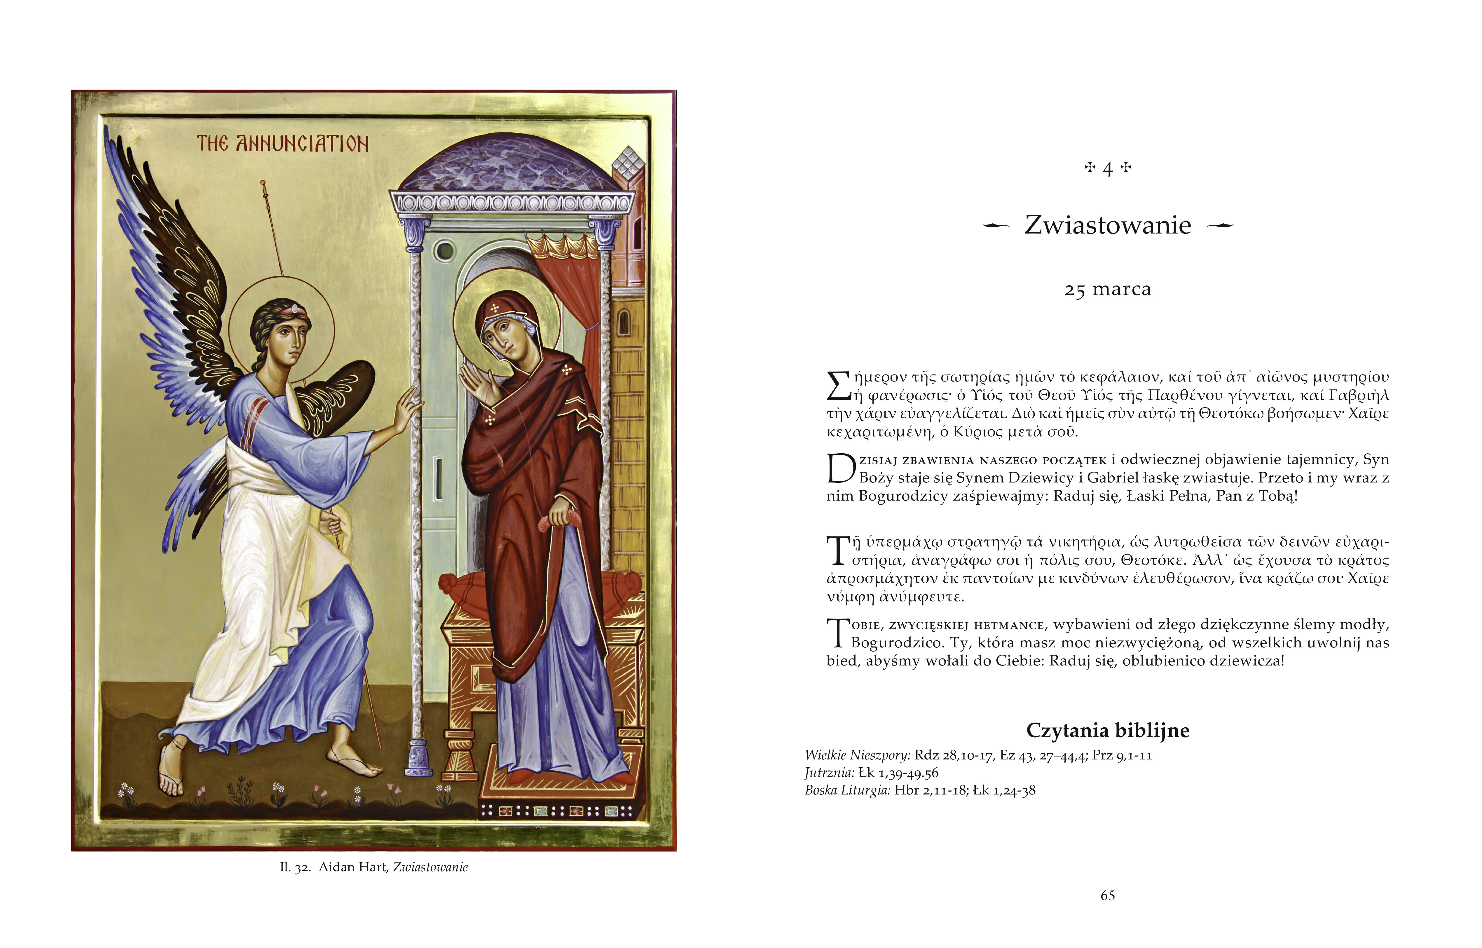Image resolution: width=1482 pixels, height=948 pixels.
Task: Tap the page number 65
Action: tap(1107, 896)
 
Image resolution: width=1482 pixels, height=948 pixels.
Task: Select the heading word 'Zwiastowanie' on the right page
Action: tap(1107, 225)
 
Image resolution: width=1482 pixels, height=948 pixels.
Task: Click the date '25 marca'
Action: tap(1107, 289)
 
